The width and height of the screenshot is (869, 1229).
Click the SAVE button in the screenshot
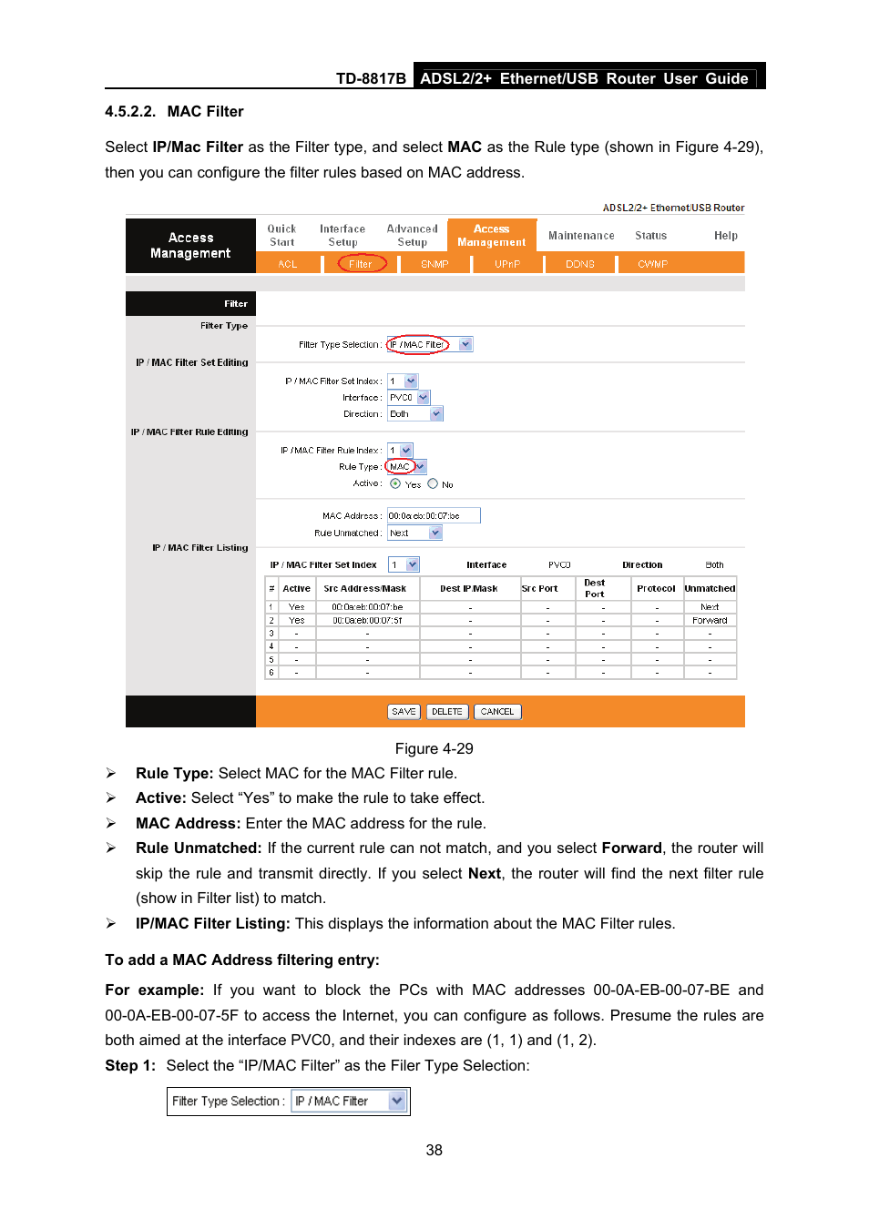pyautogui.click(x=404, y=712)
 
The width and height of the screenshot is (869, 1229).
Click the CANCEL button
pyautogui.click(x=497, y=712)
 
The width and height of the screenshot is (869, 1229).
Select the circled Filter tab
pyautogui.click(x=362, y=264)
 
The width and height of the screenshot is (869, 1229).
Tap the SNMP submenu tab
pyautogui.click(x=434, y=264)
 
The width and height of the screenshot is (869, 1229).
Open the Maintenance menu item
pyautogui.click(x=581, y=236)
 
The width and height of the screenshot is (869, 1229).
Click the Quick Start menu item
pyautogui.click(x=281, y=236)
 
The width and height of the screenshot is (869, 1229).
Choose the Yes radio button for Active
pyautogui.click(x=395, y=483)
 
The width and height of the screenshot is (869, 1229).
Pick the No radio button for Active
pyautogui.click(x=433, y=483)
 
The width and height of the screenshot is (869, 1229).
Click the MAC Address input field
pyautogui.click(x=434, y=515)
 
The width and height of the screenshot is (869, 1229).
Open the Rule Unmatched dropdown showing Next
pyautogui.click(x=414, y=533)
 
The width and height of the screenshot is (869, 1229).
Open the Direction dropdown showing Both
pyautogui.click(x=415, y=413)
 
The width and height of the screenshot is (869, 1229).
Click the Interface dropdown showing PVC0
pyautogui.click(x=408, y=397)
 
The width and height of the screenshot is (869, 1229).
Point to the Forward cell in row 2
pyautogui.click(x=710, y=620)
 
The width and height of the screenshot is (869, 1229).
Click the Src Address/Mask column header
pyautogui.click(x=365, y=588)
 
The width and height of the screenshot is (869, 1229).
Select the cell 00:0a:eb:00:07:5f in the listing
pyautogui.click(x=367, y=620)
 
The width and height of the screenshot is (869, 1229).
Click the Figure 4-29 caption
pyautogui.click(x=434, y=748)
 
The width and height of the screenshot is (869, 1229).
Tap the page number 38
pyautogui.click(x=434, y=1150)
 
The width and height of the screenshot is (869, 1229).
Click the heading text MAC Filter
pyautogui.click(x=205, y=111)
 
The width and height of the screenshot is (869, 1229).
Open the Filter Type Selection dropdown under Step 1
pyautogui.click(x=348, y=1101)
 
